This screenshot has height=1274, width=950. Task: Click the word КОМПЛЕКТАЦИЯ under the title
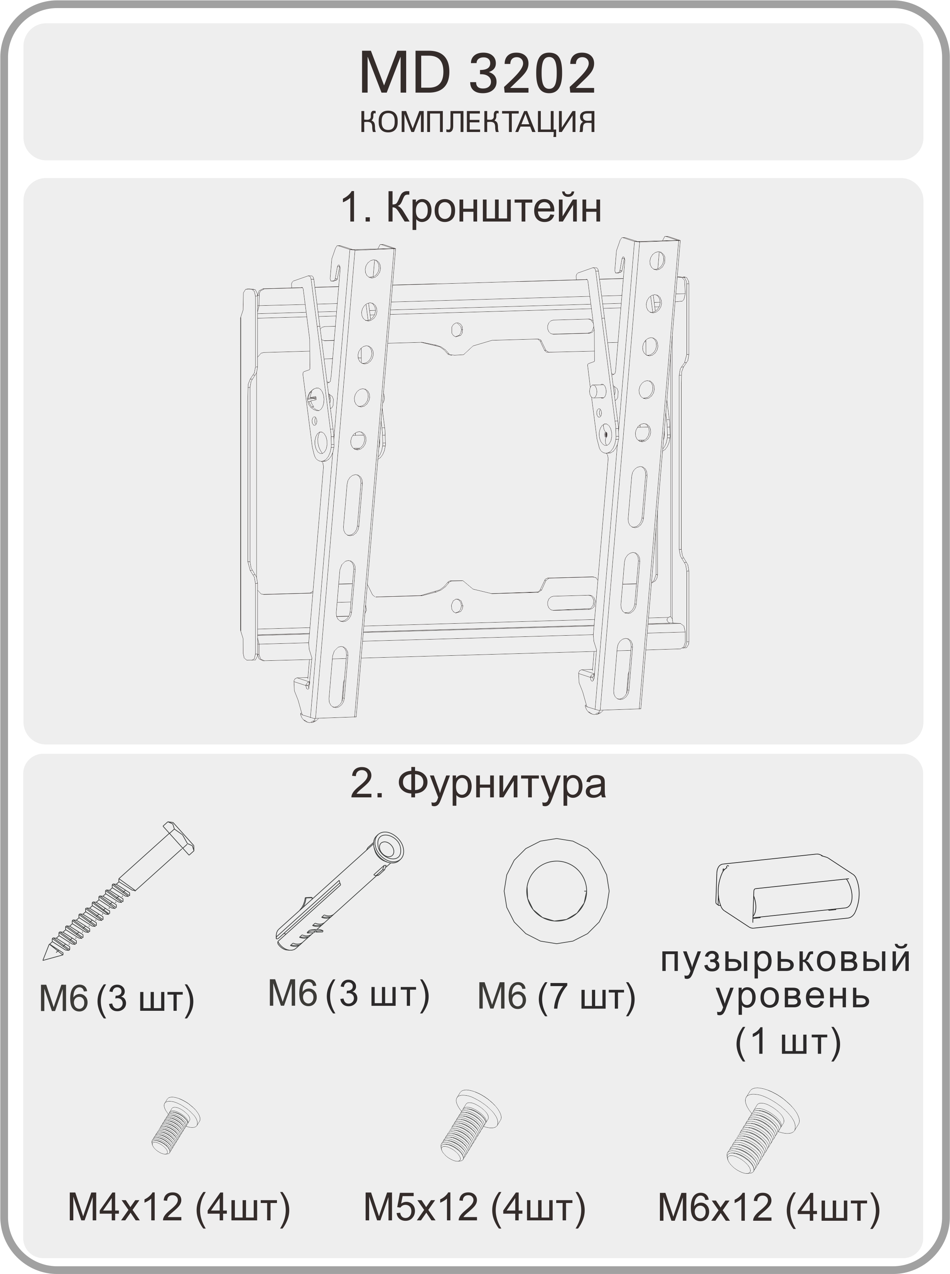(477, 122)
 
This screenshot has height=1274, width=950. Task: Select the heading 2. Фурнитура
(478, 784)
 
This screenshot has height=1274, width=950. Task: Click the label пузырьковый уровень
(786, 978)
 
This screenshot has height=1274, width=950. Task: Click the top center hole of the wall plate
(457, 329)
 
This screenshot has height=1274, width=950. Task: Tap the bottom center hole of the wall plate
(457, 605)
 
